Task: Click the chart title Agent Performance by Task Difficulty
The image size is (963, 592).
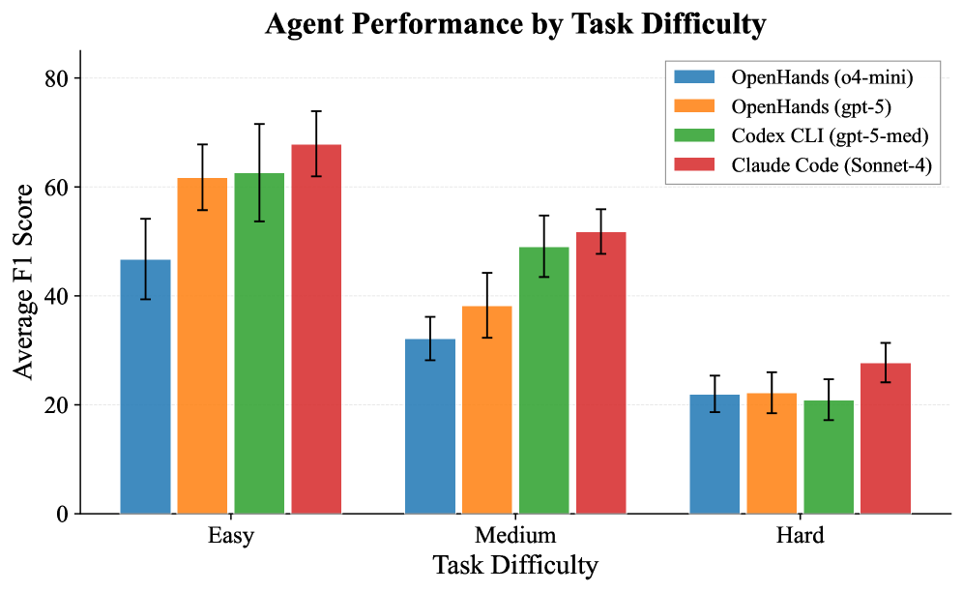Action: [x=515, y=25]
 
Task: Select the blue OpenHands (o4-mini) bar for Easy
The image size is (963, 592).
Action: [x=145, y=387]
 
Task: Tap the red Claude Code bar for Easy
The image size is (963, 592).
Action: [x=316, y=329]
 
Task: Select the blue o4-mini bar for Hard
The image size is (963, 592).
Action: [x=715, y=454]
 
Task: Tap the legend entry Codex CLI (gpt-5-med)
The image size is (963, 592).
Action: [x=817, y=135]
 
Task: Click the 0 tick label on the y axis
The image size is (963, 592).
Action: [x=64, y=515]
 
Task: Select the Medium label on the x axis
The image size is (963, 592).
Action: [x=515, y=536]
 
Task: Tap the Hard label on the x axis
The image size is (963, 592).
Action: [x=800, y=536]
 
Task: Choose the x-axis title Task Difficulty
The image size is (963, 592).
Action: [x=515, y=566]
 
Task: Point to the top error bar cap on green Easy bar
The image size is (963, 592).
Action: [x=259, y=124]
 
